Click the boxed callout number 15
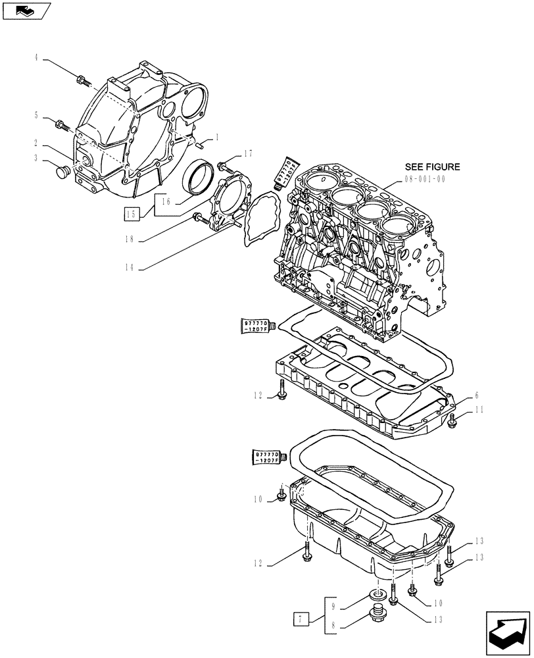(x=131, y=213)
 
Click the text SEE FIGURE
(x=432, y=167)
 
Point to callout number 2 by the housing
(x=37, y=143)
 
